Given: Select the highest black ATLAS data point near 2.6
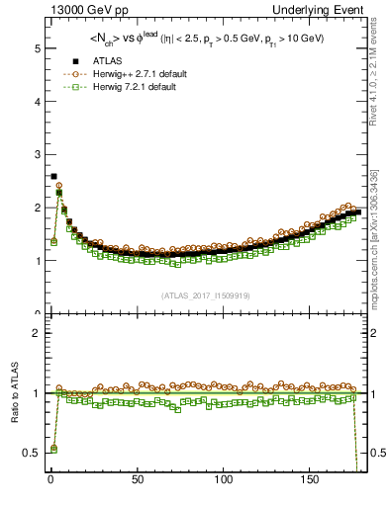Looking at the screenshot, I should [53, 176].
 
